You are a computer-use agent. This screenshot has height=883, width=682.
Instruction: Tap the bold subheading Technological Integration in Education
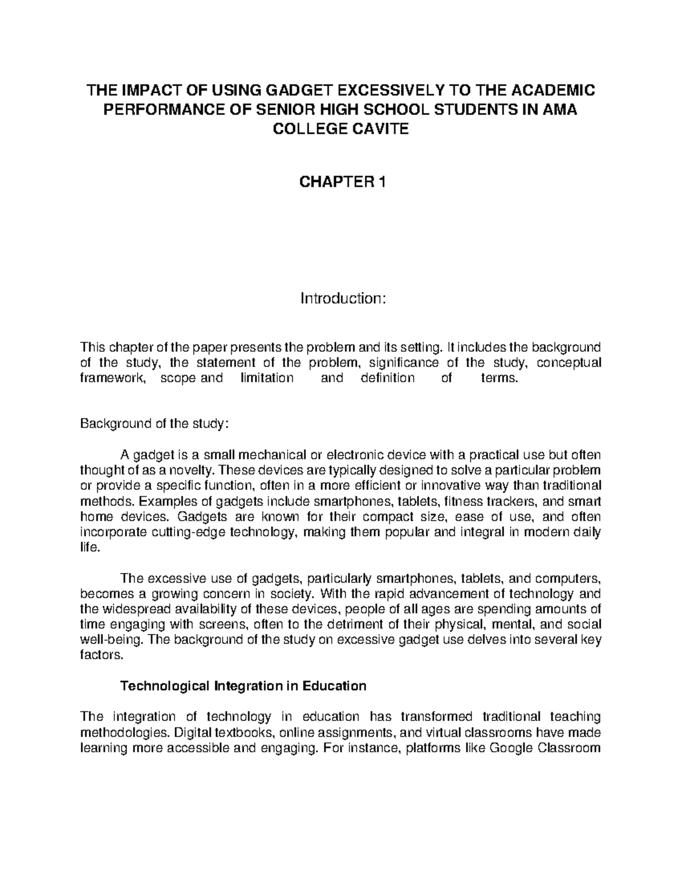coord(244,686)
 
